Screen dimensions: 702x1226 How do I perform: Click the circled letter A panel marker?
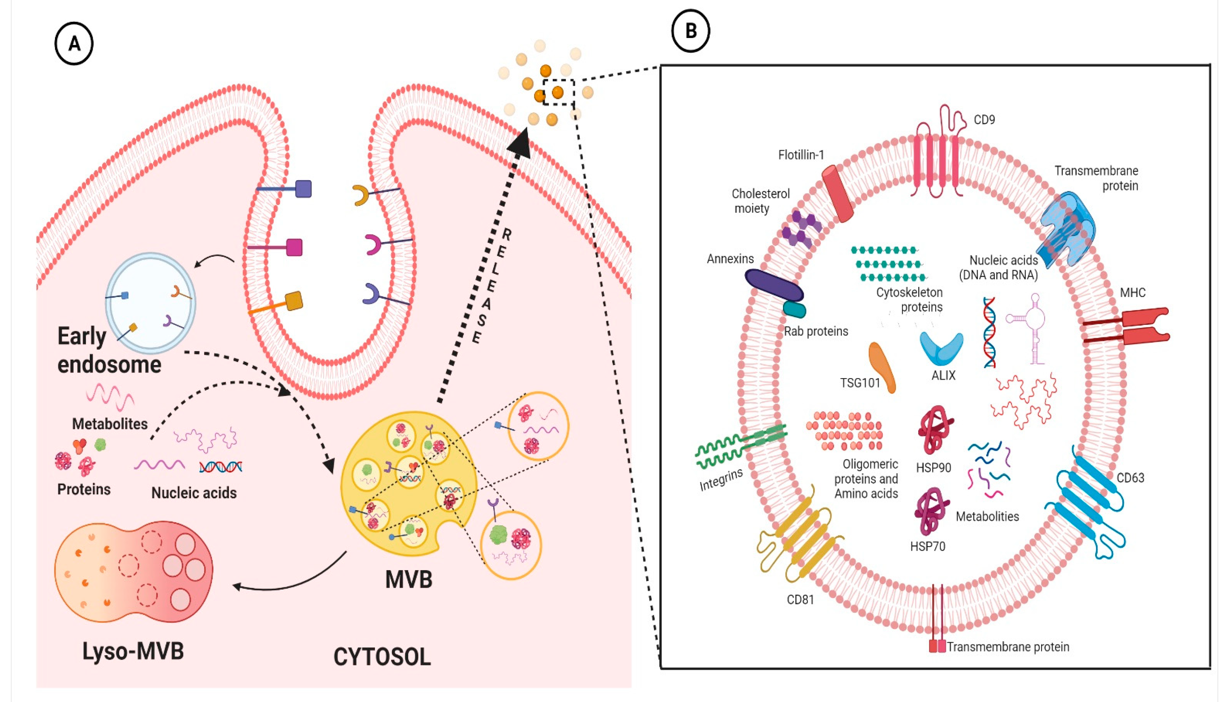tap(74, 44)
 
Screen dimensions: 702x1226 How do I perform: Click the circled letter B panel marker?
tap(691, 31)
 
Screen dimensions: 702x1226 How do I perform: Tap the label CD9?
tap(984, 120)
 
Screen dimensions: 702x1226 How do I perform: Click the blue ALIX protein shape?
tap(941, 348)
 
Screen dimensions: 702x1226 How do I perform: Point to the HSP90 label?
tap(933, 467)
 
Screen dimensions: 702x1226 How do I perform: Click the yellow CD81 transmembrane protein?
tap(801, 540)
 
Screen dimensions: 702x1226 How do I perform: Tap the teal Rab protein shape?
tap(794, 309)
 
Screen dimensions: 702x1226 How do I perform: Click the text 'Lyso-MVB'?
tap(133, 651)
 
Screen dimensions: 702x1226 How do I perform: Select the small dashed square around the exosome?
tap(559, 92)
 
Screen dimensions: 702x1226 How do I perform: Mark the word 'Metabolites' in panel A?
tap(110, 424)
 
